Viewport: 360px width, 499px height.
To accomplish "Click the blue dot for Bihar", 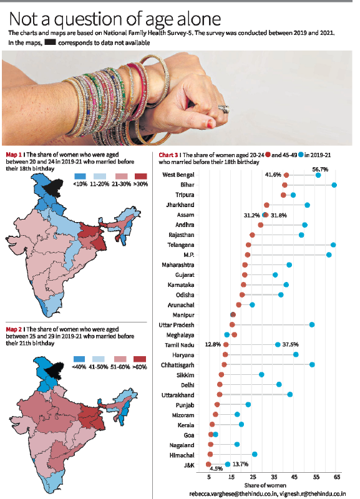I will [x=334, y=185].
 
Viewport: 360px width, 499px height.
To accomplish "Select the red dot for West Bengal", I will [x=286, y=175].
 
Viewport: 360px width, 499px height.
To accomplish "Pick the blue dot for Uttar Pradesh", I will [x=312, y=324].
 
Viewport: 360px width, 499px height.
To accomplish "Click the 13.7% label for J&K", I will [x=240, y=464].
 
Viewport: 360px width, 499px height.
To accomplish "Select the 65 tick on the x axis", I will [x=338, y=477].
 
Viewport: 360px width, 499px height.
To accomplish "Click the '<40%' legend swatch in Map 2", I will [x=79, y=359].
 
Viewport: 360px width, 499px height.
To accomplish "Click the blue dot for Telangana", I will [x=333, y=245].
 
